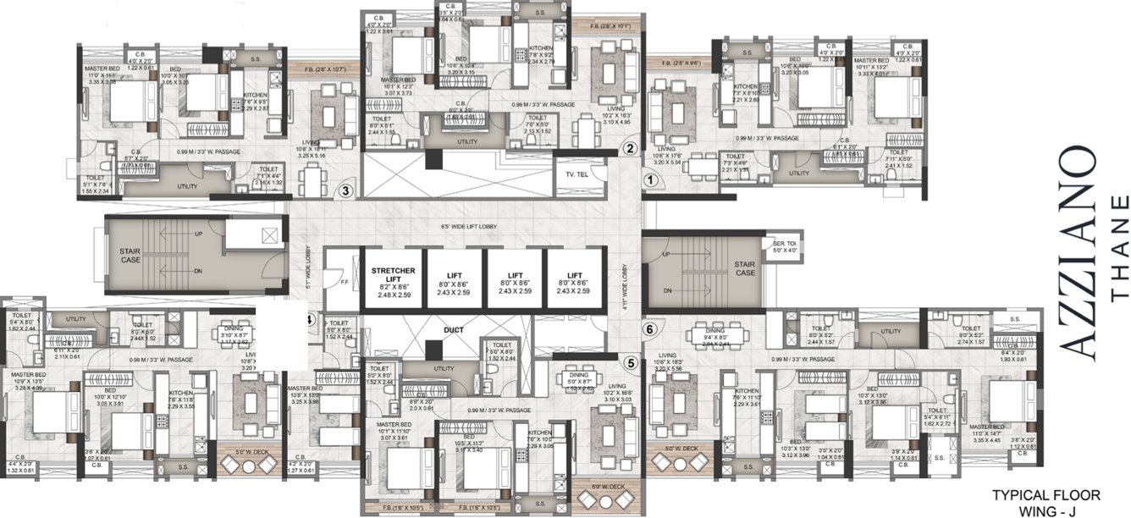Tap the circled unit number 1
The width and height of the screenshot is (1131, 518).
click(x=649, y=179)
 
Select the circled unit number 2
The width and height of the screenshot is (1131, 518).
click(x=629, y=148)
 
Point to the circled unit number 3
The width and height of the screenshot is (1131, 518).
click(x=345, y=190)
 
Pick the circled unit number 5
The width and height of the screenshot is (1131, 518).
click(x=630, y=364)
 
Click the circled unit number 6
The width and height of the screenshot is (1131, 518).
click(x=649, y=329)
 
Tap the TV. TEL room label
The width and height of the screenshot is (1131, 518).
click(x=576, y=175)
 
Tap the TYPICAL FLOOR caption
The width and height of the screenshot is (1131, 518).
click(x=1045, y=494)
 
